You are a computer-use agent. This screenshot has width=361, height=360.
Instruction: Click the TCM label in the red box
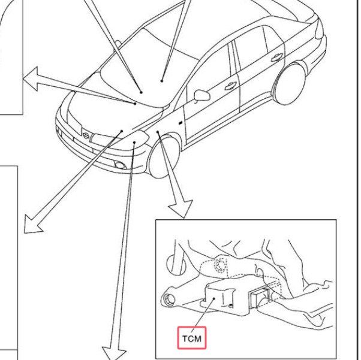tap(191, 338)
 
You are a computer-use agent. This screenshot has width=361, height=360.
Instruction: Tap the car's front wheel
tap(164, 157)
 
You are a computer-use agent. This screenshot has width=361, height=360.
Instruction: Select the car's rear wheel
tap(290, 84)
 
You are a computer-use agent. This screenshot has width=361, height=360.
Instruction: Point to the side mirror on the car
tap(201, 95)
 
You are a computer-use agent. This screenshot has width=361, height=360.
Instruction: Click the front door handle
tap(230, 86)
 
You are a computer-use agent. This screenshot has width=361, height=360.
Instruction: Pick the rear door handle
tap(276, 57)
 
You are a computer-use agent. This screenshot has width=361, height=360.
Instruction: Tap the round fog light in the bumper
tap(120, 165)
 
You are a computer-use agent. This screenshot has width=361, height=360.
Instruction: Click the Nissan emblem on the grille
tap(86, 136)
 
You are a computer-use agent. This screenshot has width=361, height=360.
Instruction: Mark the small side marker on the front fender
tap(180, 123)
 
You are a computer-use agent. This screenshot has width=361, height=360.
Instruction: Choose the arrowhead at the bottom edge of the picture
tap(114, 354)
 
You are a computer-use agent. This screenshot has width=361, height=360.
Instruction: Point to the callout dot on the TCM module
tap(214, 298)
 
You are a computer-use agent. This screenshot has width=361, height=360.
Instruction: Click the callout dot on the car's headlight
tap(134, 142)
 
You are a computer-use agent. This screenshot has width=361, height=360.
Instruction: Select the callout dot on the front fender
tap(158, 132)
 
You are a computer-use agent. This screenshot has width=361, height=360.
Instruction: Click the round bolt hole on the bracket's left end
tap(169, 300)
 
